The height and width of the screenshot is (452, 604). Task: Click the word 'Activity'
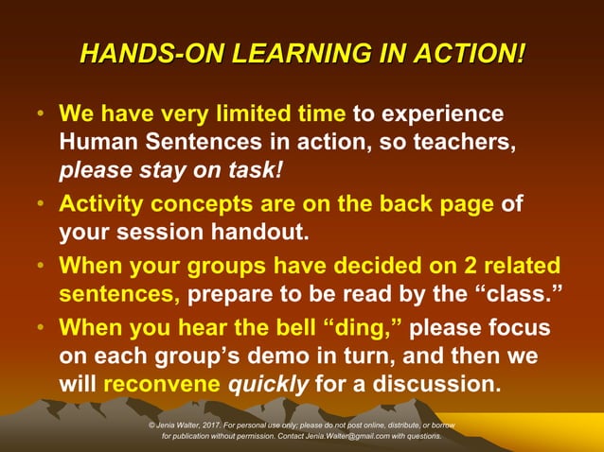point(99,205)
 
